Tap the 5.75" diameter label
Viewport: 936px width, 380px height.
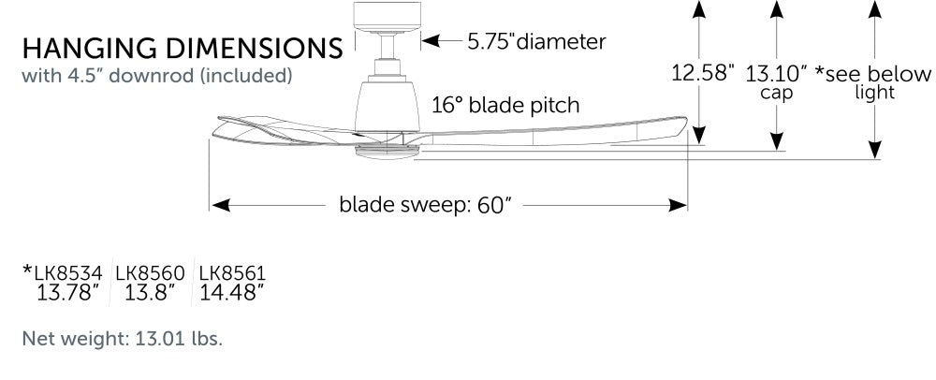pos(536,42)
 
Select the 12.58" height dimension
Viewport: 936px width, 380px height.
pos(703,73)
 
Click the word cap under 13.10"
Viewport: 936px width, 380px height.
pos(776,93)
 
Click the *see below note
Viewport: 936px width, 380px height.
pos(873,73)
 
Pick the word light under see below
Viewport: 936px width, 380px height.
pos(874,93)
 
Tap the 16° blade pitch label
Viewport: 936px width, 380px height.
pos(506,105)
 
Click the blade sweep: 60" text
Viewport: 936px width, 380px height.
pos(426,205)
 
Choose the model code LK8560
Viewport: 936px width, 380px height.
pos(151,273)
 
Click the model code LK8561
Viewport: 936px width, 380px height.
pos(232,273)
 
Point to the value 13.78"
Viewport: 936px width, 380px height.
pos(67,293)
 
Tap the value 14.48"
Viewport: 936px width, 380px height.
pos(231,293)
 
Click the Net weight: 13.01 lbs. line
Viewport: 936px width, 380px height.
pos(123,339)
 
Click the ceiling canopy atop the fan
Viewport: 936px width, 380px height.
pos(388,17)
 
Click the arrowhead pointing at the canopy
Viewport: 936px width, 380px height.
pos(431,41)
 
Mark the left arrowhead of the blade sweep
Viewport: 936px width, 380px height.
pos(221,205)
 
